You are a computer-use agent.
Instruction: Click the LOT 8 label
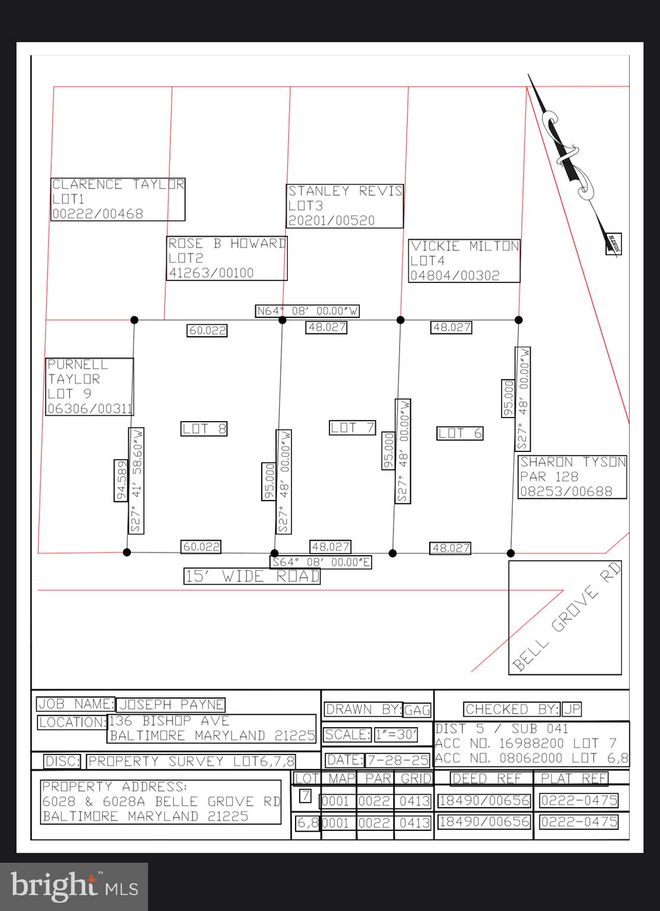pos(204,428)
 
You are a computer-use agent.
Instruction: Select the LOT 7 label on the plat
pos(353,427)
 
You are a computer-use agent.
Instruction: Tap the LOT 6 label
pos(460,433)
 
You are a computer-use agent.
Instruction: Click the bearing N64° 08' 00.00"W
pos(307,311)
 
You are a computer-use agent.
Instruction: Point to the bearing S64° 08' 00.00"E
pos(321,562)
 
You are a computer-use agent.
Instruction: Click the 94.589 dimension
pos(121,480)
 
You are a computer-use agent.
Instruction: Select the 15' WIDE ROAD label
pos(252,576)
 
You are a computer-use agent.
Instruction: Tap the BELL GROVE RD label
pos(565,617)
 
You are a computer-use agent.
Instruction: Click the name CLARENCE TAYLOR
pos(118,184)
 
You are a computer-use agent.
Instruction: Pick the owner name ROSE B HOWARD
pos(227,243)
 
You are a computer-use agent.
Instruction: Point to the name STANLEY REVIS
pos(345,191)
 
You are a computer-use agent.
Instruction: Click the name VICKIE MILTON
pos(465,246)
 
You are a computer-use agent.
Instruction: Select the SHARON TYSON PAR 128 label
pos(573,476)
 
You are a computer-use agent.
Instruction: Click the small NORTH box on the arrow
pos(613,244)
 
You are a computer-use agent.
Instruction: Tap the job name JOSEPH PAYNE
pos(171,705)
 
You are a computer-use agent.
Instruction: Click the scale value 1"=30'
pos(396,735)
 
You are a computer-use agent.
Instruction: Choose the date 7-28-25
pos(397,760)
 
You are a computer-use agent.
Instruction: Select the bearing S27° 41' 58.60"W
pos(136,480)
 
